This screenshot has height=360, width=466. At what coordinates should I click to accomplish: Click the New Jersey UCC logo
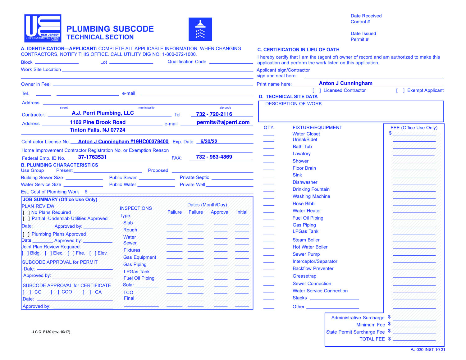click(43, 28)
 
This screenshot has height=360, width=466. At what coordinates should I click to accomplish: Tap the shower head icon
click(200, 29)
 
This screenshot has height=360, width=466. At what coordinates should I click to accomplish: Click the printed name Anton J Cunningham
click(345, 83)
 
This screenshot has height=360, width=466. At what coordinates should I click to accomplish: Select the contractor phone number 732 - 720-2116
click(214, 114)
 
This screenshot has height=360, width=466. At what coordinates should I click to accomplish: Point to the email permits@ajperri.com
click(223, 122)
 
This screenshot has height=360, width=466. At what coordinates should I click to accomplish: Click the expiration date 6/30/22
click(209, 142)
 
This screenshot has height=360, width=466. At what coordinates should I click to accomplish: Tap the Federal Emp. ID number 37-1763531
click(92, 157)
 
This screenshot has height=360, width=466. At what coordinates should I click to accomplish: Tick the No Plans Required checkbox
click(26, 213)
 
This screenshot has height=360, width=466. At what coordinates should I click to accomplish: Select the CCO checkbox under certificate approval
click(55, 292)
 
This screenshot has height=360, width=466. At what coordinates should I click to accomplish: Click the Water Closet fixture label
click(306, 134)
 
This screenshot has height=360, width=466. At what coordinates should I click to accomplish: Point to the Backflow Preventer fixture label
click(313, 269)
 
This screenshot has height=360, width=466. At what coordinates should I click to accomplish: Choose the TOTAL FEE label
click(372, 339)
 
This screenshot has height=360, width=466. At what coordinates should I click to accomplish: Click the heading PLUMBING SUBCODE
click(110, 29)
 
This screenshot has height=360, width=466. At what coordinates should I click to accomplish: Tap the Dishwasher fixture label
click(305, 182)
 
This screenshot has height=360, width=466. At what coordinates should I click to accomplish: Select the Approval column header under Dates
click(220, 212)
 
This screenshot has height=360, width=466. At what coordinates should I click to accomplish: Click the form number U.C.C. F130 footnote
click(51, 332)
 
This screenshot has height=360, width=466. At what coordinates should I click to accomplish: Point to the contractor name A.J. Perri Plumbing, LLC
click(103, 113)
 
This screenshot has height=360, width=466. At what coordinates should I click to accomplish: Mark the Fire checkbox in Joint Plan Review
click(71, 253)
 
